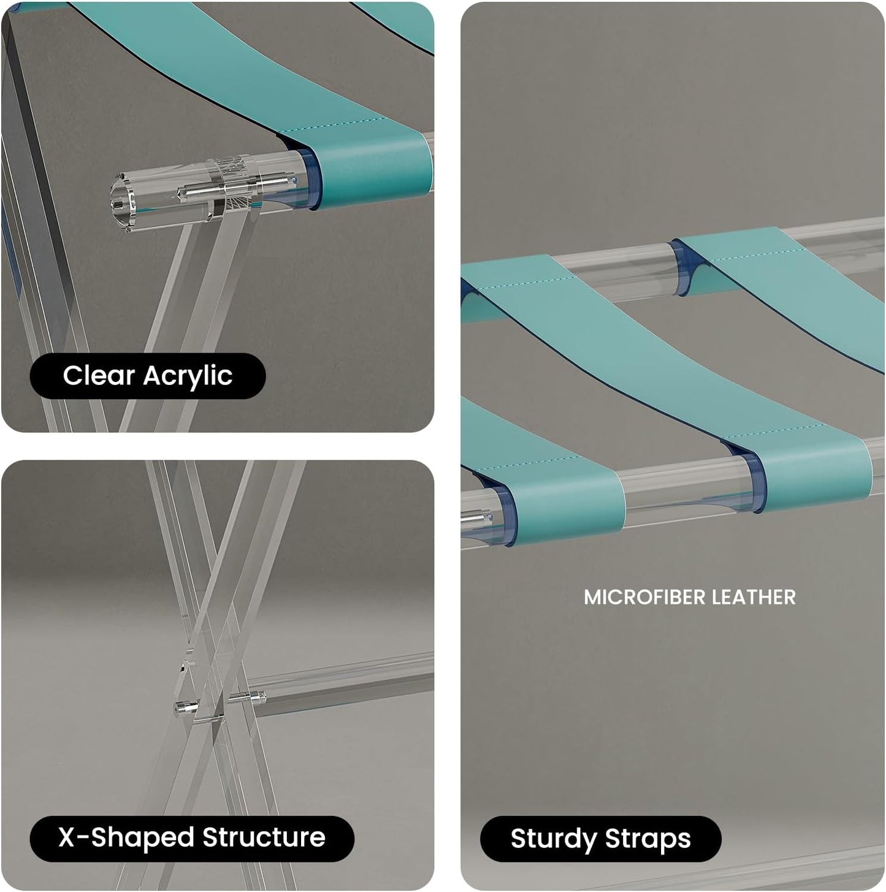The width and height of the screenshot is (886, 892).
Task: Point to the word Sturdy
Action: click(552, 839)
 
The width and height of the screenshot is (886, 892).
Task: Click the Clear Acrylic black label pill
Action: click(147, 376)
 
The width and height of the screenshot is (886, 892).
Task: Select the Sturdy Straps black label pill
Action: click(600, 839)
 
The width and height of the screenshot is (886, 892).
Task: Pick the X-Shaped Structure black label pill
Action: click(192, 837)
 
